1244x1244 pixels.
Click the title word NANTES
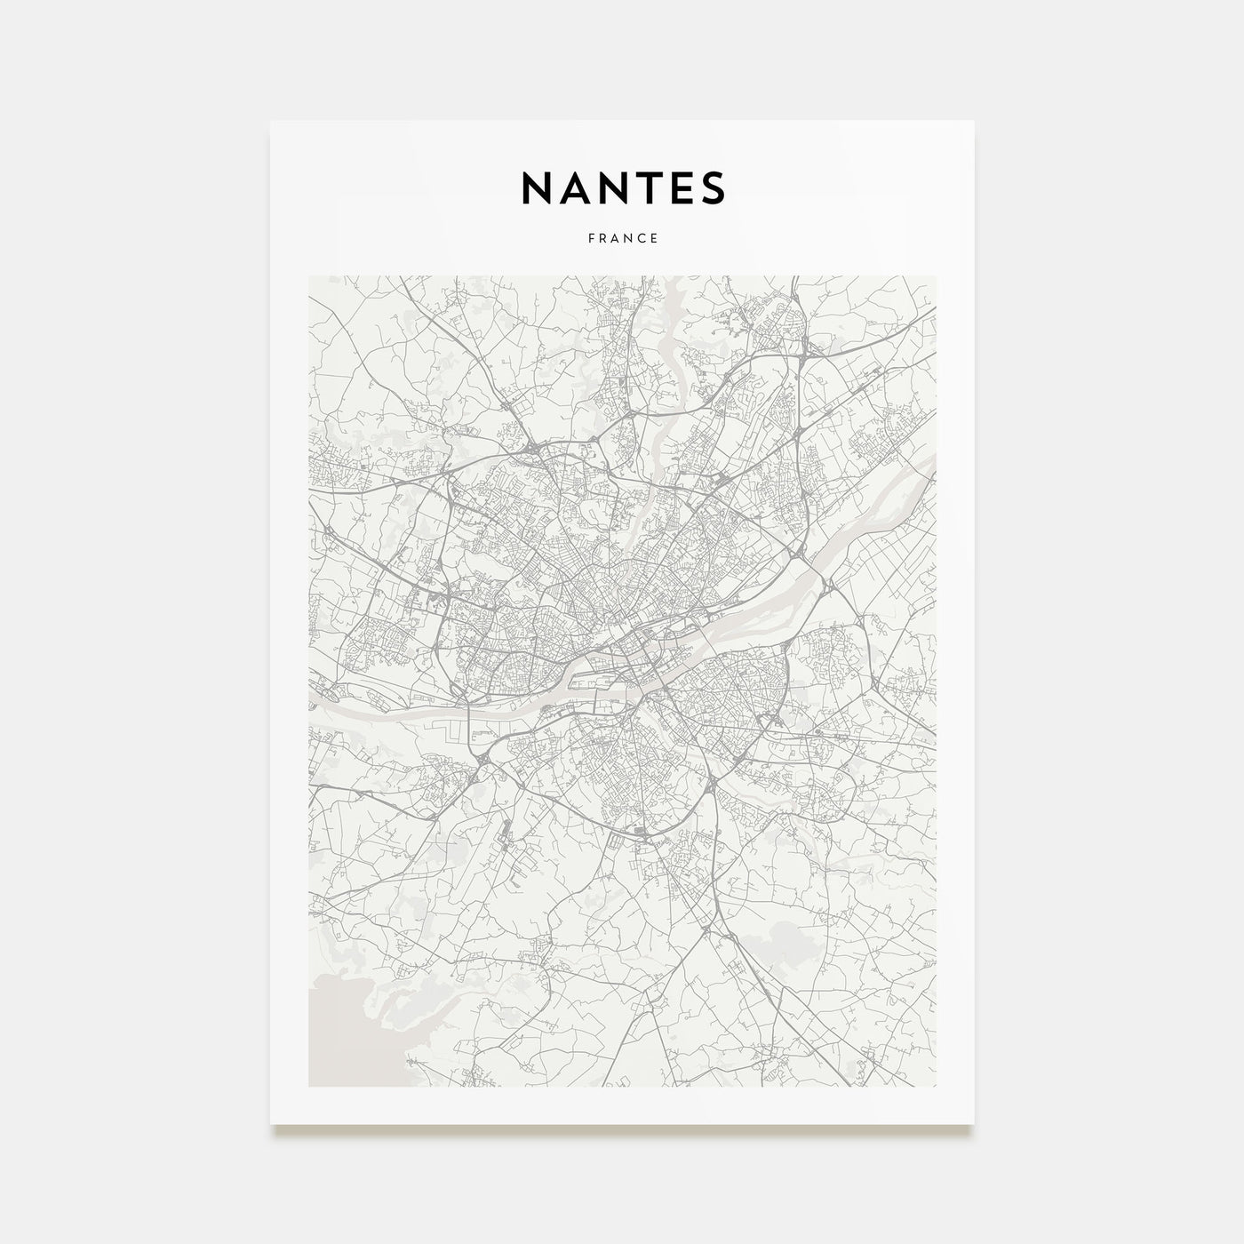(x=622, y=187)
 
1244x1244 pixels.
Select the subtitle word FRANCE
(x=622, y=238)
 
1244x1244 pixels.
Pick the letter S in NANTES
(x=714, y=187)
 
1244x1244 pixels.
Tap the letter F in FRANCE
(x=590, y=238)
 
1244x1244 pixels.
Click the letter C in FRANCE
(x=642, y=238)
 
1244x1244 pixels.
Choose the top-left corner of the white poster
(x=271, y=121)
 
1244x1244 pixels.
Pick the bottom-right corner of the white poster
(x=974, y=1124)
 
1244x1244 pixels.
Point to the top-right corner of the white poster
(x=974, y=121)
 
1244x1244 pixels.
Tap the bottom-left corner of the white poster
(x=271, y=1124)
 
